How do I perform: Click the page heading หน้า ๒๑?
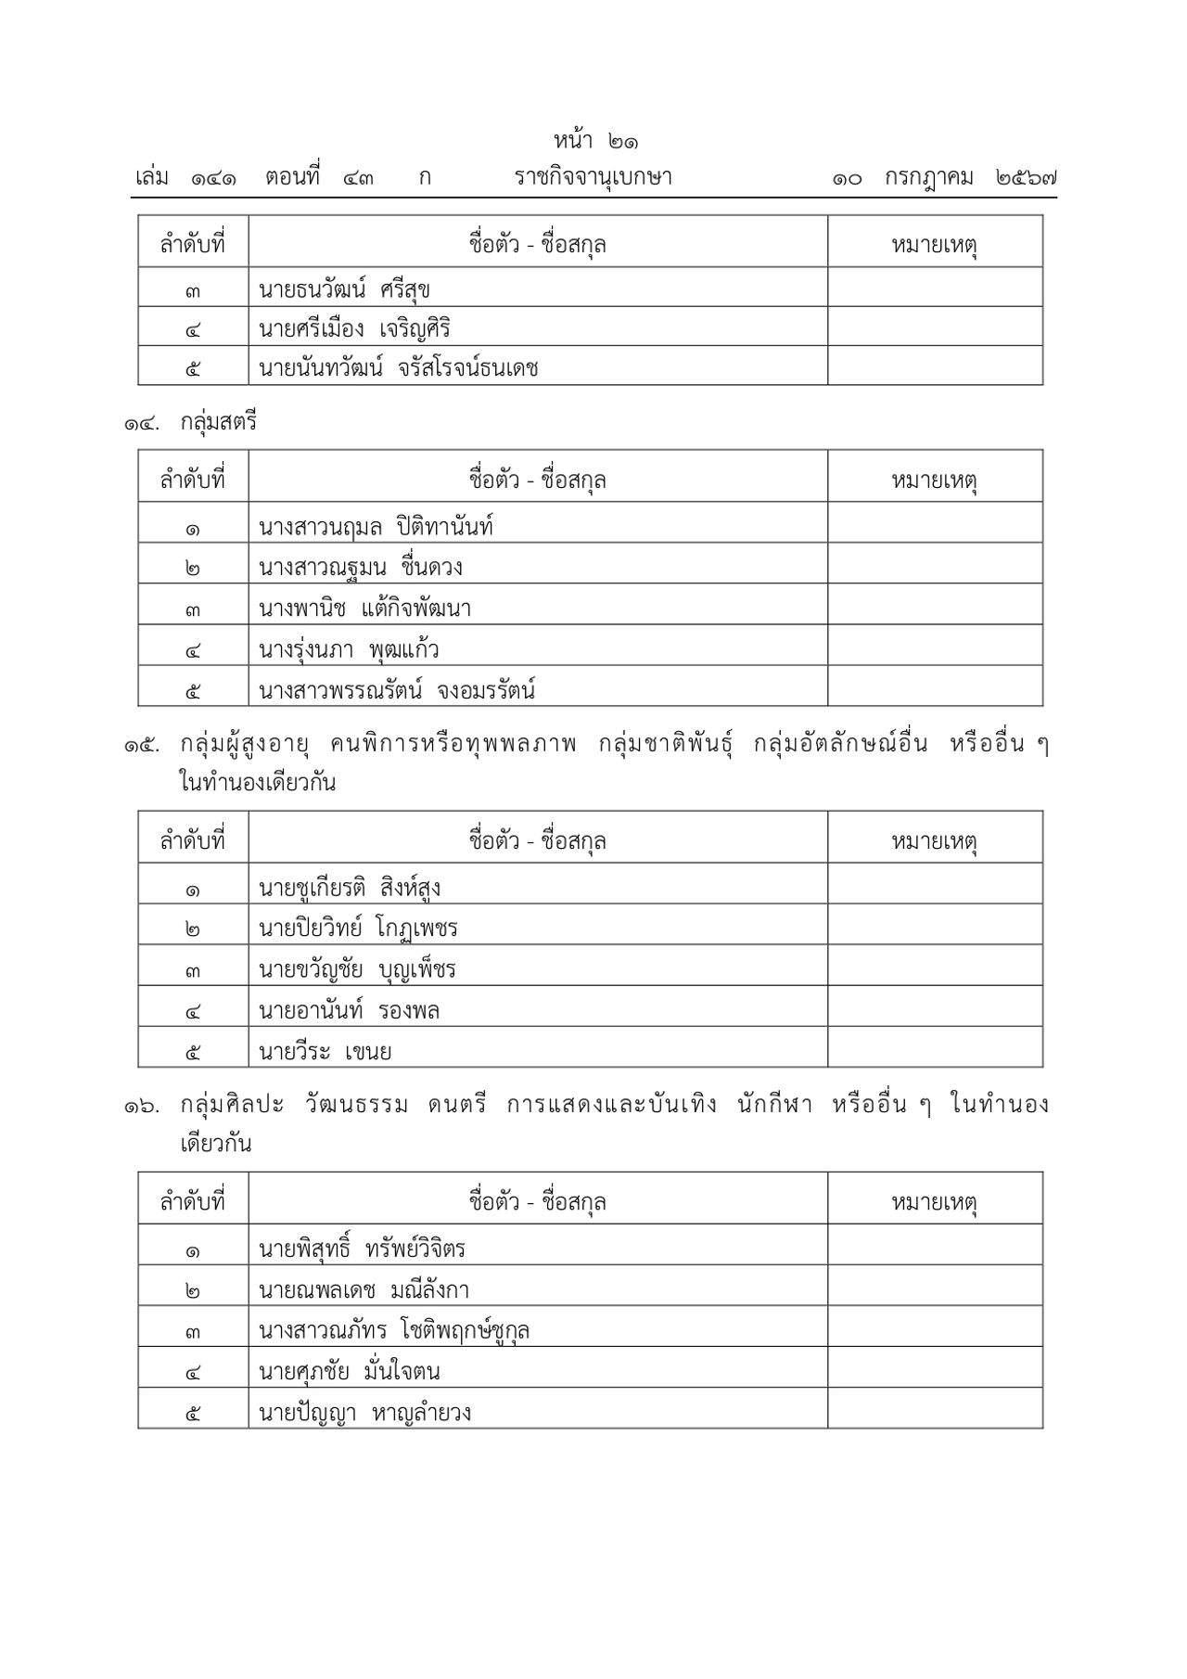tap(596, 142)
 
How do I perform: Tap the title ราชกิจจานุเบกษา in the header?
tap(593, 177)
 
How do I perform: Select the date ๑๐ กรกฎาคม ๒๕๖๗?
tap(944, 177)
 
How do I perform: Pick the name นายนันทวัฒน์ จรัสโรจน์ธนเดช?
tap(398, 368)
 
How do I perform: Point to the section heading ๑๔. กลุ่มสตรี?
tap(191, 423)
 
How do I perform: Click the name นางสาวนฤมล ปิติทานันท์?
tap(376, 527)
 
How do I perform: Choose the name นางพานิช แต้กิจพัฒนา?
tap(365, 609)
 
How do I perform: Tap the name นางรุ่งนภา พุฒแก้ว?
tap(349, 649)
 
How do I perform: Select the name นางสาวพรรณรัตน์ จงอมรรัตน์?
tap(397, 690)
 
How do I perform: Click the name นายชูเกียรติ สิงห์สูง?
tap(350, 888)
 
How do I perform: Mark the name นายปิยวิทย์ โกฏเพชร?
tap(358, 929)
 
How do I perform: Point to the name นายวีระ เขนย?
tap(325, 1051)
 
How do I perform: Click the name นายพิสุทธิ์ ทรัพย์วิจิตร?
tap(362, 1249)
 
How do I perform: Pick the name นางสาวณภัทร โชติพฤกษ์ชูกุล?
tap(394, 1330)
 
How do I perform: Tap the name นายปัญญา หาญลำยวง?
tap(364, 1412)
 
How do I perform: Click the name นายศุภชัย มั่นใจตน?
tap(350, 1371)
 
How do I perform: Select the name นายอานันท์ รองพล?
tap(349, 1010)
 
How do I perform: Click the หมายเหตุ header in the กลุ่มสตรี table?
tap(934, 481)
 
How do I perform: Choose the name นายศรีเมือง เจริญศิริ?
tap(354, 329)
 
